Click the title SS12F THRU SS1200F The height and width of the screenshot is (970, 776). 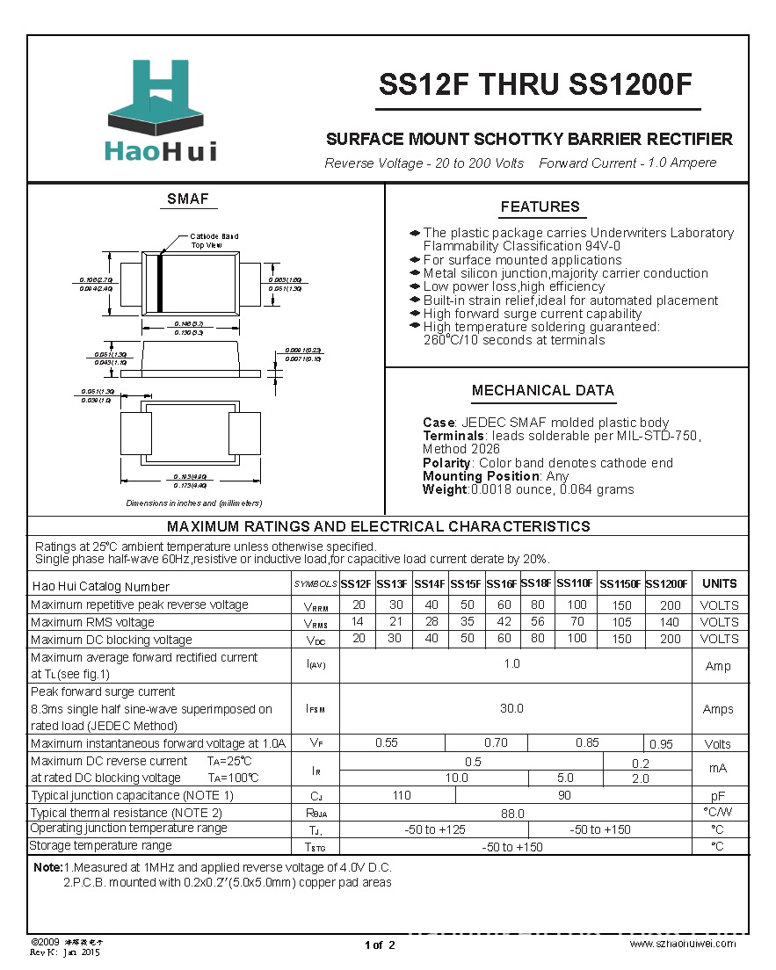point(536,85)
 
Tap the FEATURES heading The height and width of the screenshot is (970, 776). point(540,207)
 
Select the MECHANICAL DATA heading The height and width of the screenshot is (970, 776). point(542,391)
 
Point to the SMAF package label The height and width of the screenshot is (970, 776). point(188,199)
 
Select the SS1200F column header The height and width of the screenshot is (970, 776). point(667,584)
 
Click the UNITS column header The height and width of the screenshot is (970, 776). point(720,584)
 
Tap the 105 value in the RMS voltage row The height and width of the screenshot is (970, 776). point(621,622)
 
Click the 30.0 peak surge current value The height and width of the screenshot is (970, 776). point(511,708)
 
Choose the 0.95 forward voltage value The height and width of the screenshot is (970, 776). point(662,744)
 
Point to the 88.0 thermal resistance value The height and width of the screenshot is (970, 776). point(511,814)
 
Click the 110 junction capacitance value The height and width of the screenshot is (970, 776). point(402,795)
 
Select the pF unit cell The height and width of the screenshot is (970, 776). point(718,795)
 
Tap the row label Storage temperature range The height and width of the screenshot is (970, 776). point(101,846)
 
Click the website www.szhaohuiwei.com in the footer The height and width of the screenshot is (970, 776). point(683,943)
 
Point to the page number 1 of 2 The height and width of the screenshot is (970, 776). point(381,945)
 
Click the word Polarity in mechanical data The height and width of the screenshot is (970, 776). point(446,463)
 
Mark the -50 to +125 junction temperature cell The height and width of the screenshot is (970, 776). point(434,829)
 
